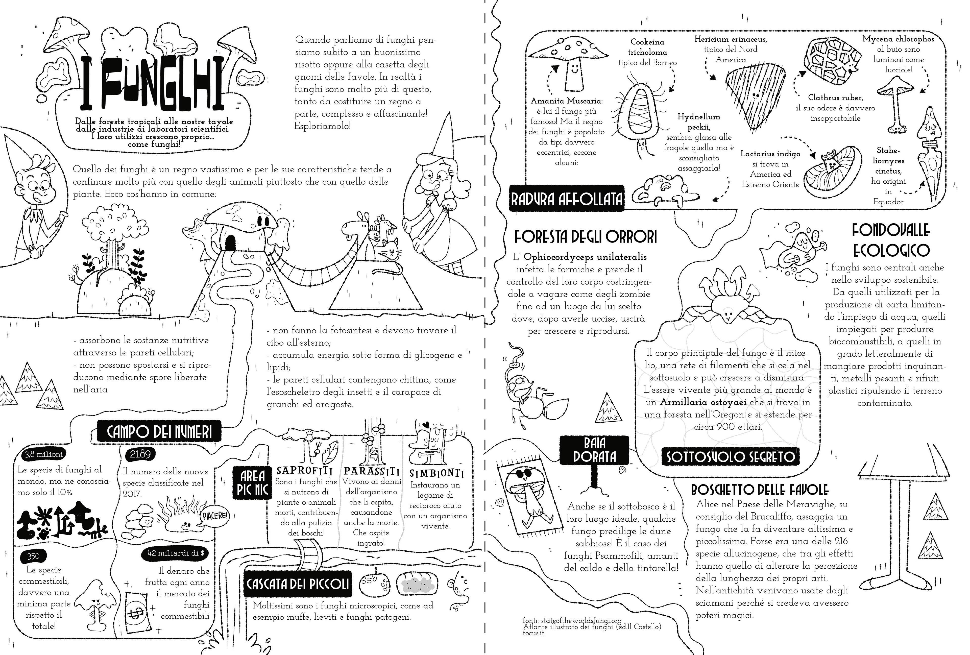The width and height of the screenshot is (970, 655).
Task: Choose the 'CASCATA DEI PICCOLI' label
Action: [x=297, y=584]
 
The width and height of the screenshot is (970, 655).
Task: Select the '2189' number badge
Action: [x=140, y=454]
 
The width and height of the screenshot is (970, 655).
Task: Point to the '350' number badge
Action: [x=33, y=556]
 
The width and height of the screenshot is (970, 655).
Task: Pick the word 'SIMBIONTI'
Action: [x=436, y=473]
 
